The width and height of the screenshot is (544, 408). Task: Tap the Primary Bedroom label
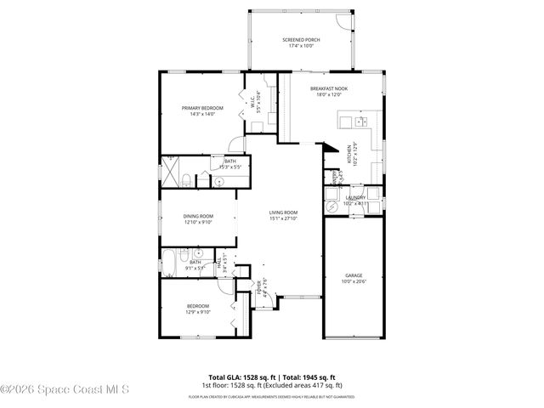pos(202,108)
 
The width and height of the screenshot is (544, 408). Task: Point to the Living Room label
pos(284,212)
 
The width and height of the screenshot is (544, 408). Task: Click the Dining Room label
pos(198,217)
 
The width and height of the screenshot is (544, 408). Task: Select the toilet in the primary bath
pos(205,179)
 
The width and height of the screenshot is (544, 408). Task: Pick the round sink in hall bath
pos(197,253)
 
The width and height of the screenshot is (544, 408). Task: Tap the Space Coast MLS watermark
pos(65,391)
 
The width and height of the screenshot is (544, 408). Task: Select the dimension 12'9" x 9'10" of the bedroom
pos(198,312)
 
